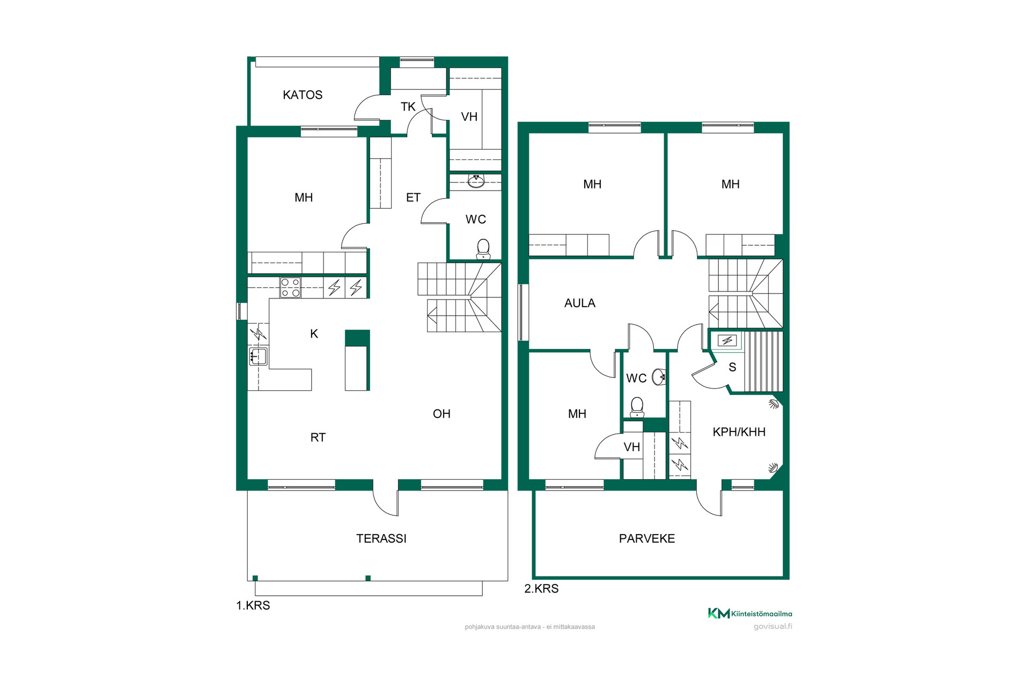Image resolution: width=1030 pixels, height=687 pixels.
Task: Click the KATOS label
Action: click(303, 95)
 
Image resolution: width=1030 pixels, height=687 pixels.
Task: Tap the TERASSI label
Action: click(381, 538)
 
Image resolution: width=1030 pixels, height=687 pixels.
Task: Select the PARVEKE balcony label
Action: click(647, 538)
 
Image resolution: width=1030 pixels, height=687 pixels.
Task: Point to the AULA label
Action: click(580, 303)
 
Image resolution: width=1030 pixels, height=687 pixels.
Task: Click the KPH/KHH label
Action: click(739, 432)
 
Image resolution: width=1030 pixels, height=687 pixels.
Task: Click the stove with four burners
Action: click(290, 288)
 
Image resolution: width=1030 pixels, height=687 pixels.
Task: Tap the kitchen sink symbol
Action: click(258, 356)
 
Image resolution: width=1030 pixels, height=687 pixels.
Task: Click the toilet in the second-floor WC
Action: click(637, 407)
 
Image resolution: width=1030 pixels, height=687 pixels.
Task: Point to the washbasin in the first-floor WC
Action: click(476, 181)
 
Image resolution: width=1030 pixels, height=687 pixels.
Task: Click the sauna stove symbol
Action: click(727, 340)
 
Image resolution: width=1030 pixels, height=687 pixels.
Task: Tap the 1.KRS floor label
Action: click(253, 605)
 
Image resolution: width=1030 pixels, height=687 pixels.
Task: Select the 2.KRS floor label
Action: click(541, 589)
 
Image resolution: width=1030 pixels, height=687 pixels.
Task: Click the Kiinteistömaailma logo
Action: click(750, 613)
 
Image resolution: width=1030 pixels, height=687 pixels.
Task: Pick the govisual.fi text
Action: click(772, 626)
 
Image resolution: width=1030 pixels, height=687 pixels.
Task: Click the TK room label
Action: click(408, 107)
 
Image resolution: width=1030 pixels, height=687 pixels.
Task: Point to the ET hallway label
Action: click(413, 198)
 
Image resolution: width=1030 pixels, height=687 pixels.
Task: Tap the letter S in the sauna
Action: click(732, 368)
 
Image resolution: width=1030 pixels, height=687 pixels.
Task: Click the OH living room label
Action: click(442, 414)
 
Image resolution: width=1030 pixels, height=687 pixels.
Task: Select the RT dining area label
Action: click(318, 437)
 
